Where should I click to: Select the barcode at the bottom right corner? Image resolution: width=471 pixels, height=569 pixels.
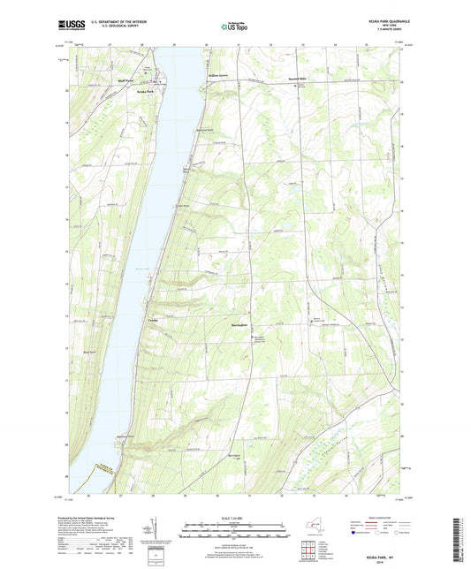(460, 541)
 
